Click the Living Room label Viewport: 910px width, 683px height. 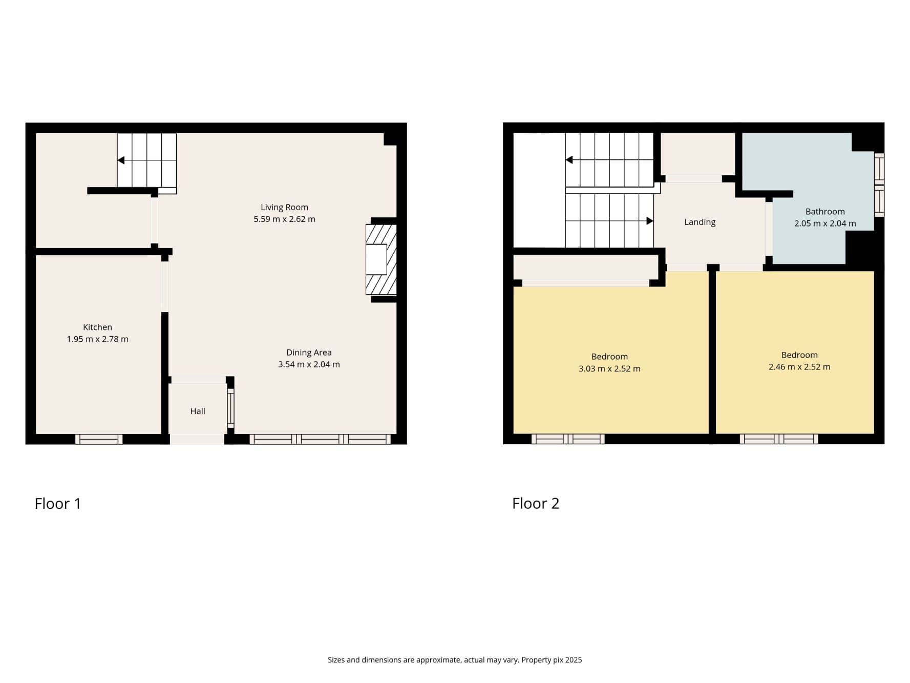pos(284,207)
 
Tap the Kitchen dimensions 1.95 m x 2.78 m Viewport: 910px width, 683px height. pos(97,339)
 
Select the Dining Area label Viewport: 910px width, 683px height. pos(308,353)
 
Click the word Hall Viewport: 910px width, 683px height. pos(198,411)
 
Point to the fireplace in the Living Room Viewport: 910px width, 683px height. pos(380,260)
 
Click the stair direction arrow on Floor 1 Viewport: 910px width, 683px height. pos(121,160)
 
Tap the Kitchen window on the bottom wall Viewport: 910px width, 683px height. pos(99,439)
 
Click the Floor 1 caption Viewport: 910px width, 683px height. pos(57,504)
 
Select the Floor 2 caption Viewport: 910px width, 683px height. pos(535,504)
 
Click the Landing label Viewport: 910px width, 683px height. pos(700,222)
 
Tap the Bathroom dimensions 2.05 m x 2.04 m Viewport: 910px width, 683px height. pos(824,223)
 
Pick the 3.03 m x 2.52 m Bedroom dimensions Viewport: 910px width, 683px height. pos(609,369)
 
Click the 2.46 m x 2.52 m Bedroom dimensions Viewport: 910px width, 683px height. pos(799,367)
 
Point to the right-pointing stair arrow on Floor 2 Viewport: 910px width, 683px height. pos(649,221)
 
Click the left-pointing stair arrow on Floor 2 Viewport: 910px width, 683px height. pos(569,160)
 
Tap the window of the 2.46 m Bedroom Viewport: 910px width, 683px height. pos(778,439)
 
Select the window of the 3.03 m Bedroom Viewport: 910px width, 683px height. pos(568,439)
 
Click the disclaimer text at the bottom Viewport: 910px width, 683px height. pos(454,660)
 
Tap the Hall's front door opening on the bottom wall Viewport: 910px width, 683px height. pos(197,439)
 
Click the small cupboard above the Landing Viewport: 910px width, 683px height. pos(697,154)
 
